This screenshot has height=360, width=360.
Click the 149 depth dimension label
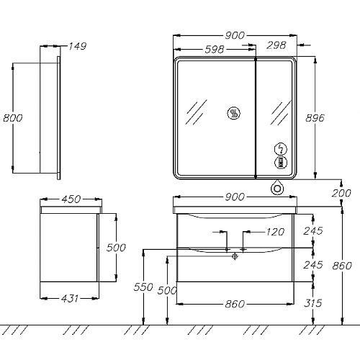[77, 46]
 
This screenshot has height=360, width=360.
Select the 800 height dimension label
[13, 118]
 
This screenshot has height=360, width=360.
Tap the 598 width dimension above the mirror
[215, 50]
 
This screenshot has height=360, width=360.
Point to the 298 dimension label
[276, 45]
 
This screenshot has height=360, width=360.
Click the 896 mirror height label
[315, 118]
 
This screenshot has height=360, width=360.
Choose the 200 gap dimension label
[341, 193]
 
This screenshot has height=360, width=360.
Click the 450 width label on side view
[71, 199]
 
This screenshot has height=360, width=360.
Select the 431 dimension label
[70, 299]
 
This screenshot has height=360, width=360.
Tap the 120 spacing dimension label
[275, 232]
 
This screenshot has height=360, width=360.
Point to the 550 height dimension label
[143, 287]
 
